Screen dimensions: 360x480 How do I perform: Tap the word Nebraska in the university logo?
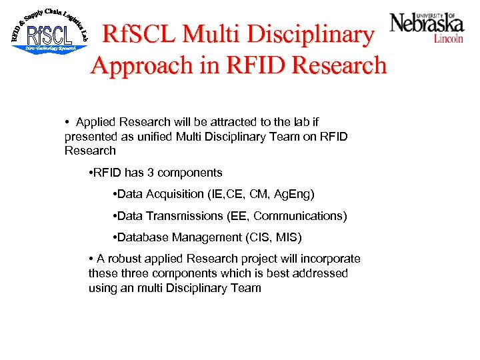427,23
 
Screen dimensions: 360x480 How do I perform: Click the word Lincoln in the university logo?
449,39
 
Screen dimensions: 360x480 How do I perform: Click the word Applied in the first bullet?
95,122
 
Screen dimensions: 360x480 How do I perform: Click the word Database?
142,237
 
